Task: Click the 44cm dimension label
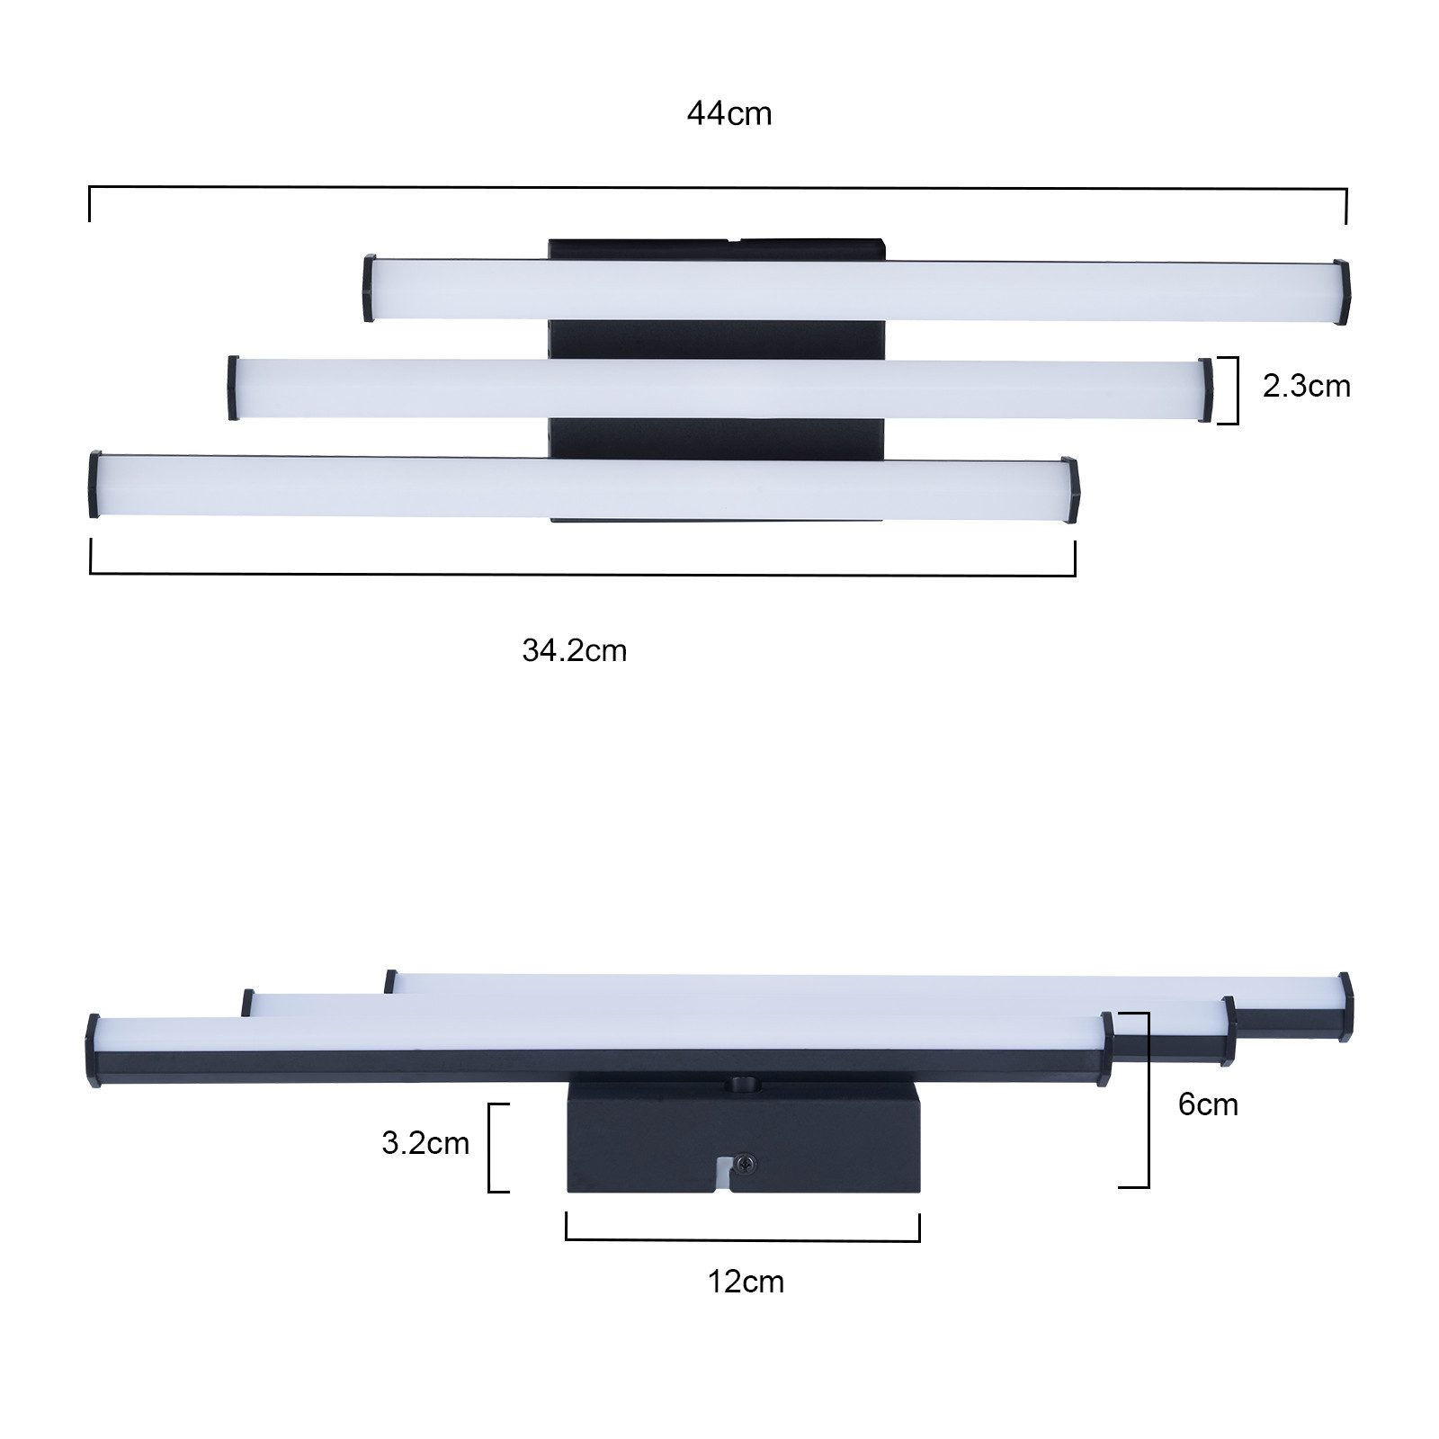pos(729,114)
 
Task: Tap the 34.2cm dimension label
pos(574,650)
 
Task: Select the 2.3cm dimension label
pos(1306,386)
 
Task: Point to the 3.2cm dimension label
pos(425,1143)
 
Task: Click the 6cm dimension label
pos(1208,1104)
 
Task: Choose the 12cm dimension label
pos(746,1282)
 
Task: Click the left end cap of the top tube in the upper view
pos(369,288)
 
